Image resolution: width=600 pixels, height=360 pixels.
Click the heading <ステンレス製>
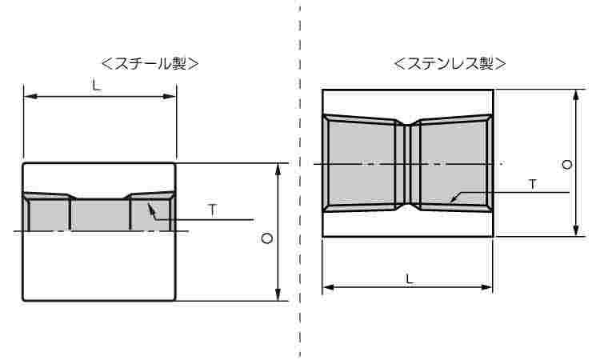(x=450, y=63)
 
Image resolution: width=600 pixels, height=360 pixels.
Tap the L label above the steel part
(x=96, y=86)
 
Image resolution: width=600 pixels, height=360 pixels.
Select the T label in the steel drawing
(x=212, y=210)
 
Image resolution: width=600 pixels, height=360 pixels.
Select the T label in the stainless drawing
(x=533, y=184)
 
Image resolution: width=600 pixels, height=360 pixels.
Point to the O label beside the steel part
(x=267, y=238)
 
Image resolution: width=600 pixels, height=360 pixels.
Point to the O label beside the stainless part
(x=566, y=165)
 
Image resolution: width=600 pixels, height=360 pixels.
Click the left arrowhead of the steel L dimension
(x=30, y=97)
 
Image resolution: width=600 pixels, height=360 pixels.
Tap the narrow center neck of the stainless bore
(x=408, y=164)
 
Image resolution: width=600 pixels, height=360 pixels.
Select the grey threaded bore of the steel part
(x=100, y=213)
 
